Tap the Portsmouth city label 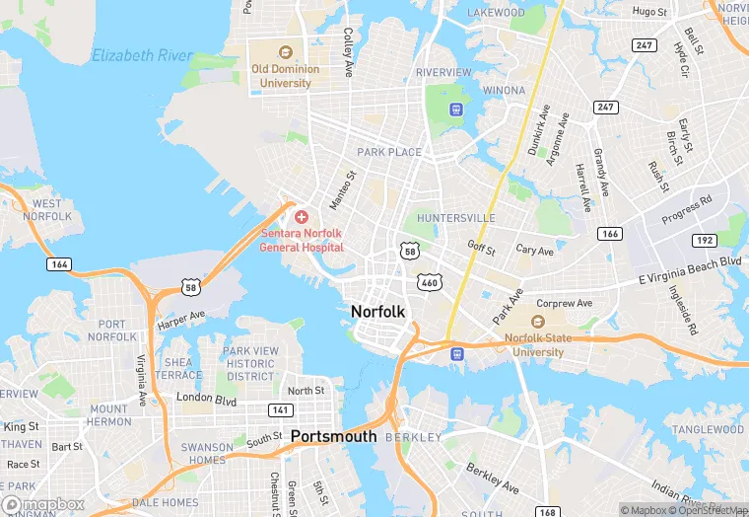pyautogui.click(x=333, y=436)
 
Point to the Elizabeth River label pyautogui.click(x=142, y=56)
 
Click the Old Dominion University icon pyautogui.click(x=286, y=52)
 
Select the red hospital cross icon pyautogui.click(x=301, y=216)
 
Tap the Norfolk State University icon pyautogui.click(x=537, y=322)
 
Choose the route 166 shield pyautogui.click(x=609, y=234)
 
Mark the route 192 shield pyautogui.click(x=703, y=240)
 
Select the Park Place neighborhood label pyautogui.click(x=388, y=152)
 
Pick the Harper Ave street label pyautogui.click(x=180, y=318)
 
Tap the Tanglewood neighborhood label pyautogui.click(x=703, y=429)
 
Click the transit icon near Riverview pyautogui.click(x=456, y=109)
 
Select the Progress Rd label pyautogui.click(x=686, y=210)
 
